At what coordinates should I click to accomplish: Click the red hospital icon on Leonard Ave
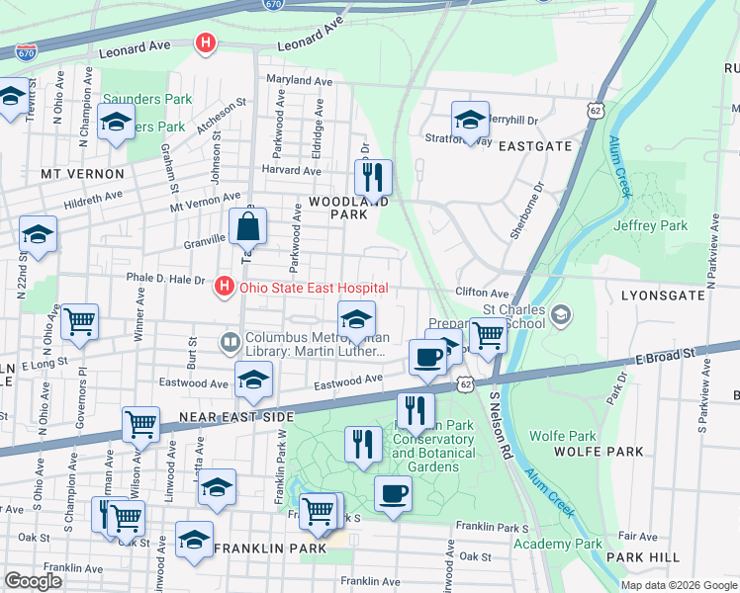click(206, 43)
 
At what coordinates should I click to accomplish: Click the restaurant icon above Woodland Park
click(373, 178)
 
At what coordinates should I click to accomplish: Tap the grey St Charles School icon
click(561, 315)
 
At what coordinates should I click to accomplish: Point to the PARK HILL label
click(643, 557)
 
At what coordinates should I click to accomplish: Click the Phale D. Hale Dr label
click(164, 280)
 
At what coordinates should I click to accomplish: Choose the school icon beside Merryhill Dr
click(470, 120)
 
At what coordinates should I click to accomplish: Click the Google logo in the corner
click(34, 581)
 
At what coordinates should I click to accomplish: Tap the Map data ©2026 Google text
click(678, 585)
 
